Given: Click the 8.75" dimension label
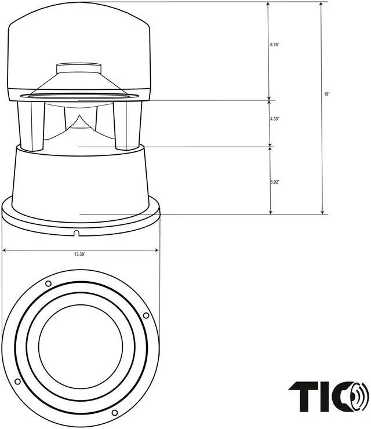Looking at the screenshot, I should click(275, 45).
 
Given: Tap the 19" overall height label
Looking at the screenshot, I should click(328, 93).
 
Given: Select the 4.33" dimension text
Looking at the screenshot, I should click(275, 119).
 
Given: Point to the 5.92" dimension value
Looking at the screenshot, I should click(275, 182).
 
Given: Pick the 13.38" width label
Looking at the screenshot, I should click(80, 255).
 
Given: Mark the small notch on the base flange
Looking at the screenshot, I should click(77, 233).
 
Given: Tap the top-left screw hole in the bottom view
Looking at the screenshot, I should click(48, 283).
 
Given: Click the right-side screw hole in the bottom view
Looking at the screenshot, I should click(146, 315).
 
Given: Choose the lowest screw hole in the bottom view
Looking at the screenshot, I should click(114, 413).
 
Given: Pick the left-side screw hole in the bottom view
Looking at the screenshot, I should click(17, 381).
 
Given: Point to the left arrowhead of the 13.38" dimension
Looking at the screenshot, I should click(5, 250).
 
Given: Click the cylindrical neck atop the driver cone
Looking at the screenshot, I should click(79, 68).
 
